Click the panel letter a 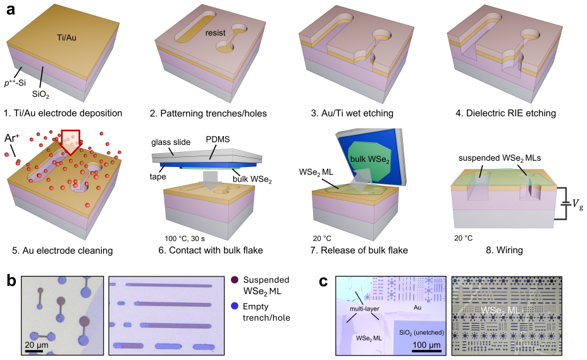click(11, 9)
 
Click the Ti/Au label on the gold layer click(66, 37)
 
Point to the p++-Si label click(15, 83)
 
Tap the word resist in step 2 click(215, 33)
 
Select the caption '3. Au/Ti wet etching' click(352, 113)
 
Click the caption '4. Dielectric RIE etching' click(505, 113)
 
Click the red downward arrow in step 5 click(70, 142)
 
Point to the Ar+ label click(12, 138)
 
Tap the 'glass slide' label click(171, 142)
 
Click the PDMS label click(218, 139)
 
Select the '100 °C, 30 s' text click(185, 239)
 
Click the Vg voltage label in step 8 click(578, 204)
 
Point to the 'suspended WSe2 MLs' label click(500, 158)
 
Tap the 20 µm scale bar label click(36, 345)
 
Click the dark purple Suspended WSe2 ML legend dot click(235, 280)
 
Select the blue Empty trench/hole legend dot click(235, 306)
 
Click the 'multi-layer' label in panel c click(364, 309)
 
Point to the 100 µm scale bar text click(426, 345)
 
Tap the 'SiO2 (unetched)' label click(421, 333)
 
